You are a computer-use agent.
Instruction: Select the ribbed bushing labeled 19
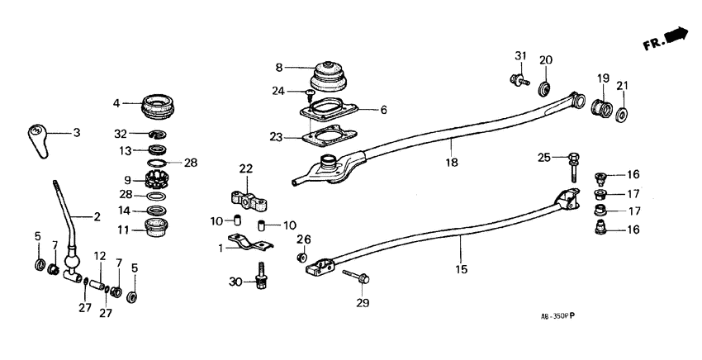click(600, 109)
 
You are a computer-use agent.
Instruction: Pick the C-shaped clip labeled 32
click(157, 134)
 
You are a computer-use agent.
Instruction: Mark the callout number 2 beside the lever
click(97, 217)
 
